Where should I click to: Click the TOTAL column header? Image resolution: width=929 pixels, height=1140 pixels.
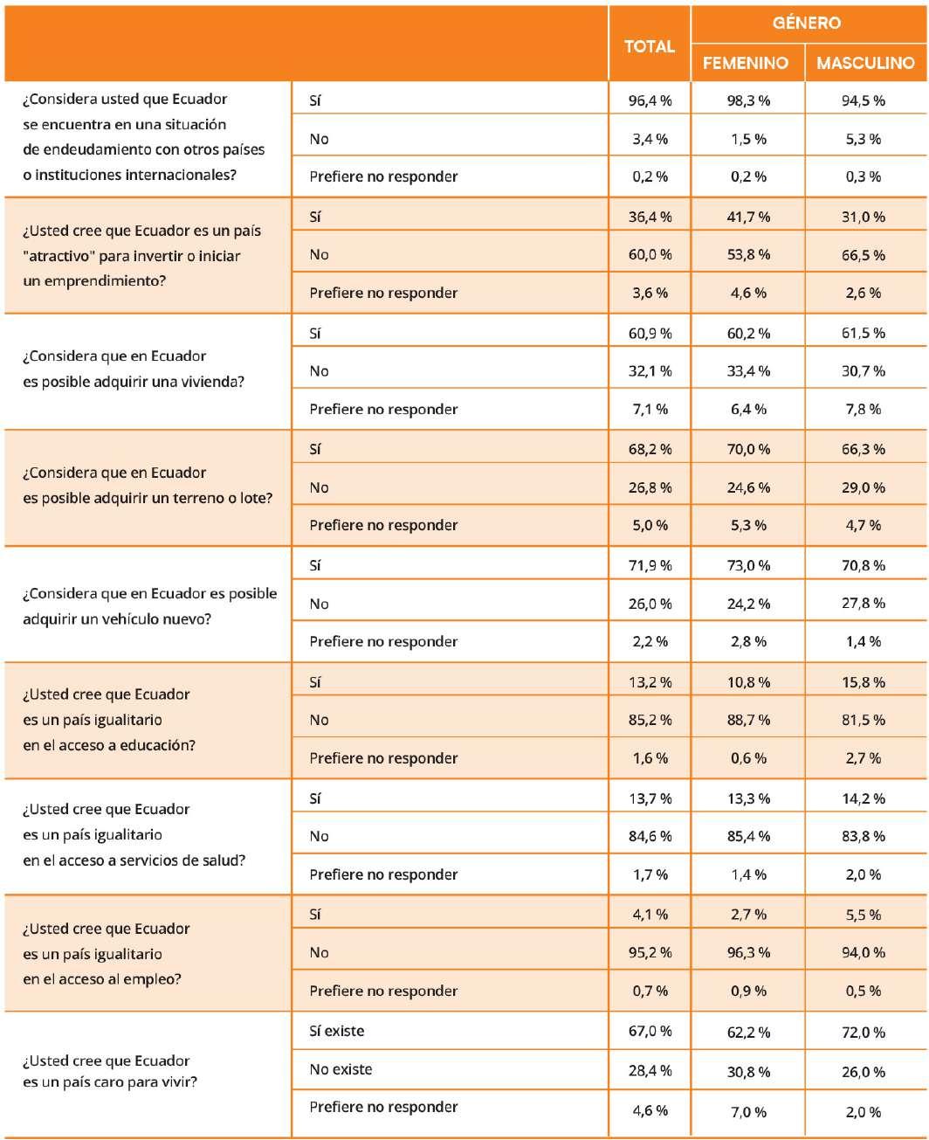[x=649, y=46]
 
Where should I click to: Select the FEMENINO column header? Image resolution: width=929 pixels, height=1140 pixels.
[x=745, y=63]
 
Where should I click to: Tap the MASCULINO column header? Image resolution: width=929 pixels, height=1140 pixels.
[x=865, y=63]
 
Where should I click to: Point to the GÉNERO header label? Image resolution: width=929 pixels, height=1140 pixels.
[x=806, y=24]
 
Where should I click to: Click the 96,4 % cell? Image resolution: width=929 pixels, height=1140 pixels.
[x=650, y=100]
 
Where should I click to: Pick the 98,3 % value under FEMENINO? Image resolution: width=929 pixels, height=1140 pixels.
[x=748, y=100]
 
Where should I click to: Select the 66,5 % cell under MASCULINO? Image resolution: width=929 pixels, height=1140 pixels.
[x=864, y=255]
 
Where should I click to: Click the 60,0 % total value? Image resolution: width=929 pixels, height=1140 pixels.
[x=650, y=255]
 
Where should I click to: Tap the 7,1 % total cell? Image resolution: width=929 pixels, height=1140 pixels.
[x=650, y=409]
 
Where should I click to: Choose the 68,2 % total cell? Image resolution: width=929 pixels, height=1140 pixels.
[x=650, y=449]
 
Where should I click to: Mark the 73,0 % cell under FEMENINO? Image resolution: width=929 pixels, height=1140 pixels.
[x=748, y=565]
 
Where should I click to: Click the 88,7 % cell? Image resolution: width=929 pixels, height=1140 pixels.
[x=748, y=720]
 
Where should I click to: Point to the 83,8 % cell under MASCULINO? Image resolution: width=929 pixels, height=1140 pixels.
[x=864, y=836]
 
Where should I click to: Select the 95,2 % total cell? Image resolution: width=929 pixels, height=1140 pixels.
[x=650, y=952]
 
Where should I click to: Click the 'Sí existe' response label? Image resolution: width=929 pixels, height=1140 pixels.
[x=336, y=1031]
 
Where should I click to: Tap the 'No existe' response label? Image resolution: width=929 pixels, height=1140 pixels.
[x=341, y=1069]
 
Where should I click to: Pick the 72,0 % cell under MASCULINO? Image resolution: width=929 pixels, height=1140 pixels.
[x=864, y=1032]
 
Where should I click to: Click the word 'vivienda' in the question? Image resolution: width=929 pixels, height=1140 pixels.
[x=213, y=382]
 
